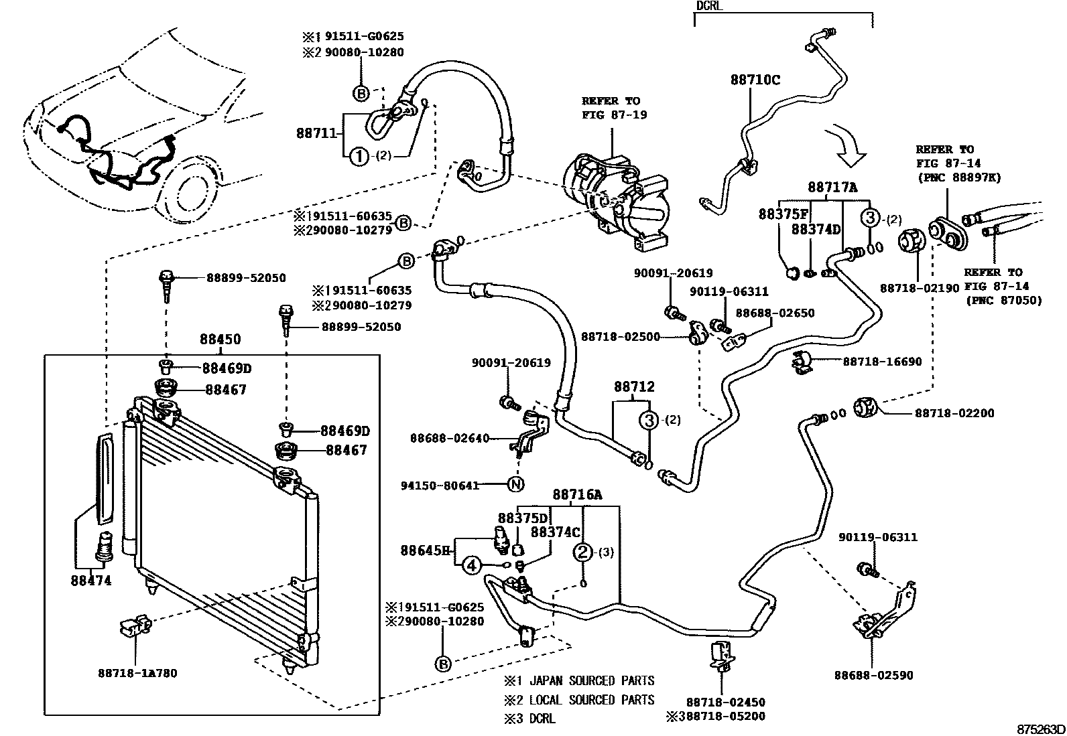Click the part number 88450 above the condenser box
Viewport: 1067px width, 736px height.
click(219, 340)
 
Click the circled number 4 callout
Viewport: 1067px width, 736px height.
click(472, 566)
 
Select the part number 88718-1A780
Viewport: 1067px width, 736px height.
click(137, 673)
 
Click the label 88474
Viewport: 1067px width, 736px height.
click(90, 581)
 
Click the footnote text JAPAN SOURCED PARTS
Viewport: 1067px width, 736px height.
click(591, 681)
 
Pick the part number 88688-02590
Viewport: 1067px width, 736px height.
click(873, 676)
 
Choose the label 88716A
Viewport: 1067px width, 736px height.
click(577, 495)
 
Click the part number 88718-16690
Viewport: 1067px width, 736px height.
click(882, 362)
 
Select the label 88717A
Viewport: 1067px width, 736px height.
click(832, 188)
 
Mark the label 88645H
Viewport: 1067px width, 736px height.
click(425, 550)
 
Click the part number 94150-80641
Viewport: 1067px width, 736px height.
click(440, 486)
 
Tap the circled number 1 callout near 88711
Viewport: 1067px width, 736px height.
click(360, 157)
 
